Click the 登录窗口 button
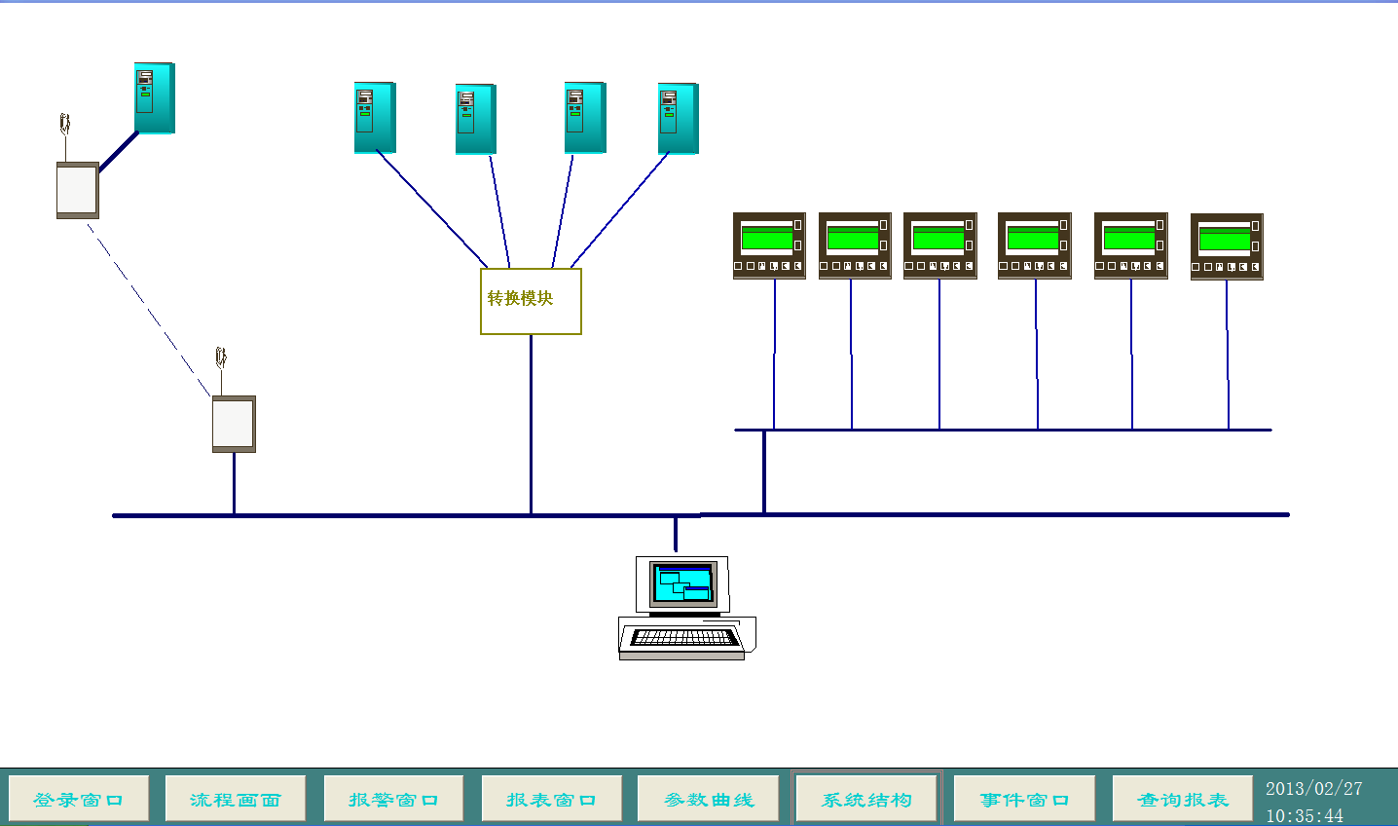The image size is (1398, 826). coord(78,799)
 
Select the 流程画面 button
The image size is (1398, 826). coord(236,799)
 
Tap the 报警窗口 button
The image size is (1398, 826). coord(393,799)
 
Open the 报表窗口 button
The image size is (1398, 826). coord(551,799)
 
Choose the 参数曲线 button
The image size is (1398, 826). coord(709,799)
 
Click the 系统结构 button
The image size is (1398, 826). coord(866,799)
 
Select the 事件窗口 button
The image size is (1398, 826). coord(1024,799)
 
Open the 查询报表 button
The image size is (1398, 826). coord(1182,799)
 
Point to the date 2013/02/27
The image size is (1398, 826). coord(1313,789)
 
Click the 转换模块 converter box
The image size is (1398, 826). coord(531,302)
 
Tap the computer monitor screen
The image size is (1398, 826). coord(682,583)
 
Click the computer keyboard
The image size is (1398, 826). coord(683,637)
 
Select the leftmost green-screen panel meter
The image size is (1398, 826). coord(769,245)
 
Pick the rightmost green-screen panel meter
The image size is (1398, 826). coord(1227,246)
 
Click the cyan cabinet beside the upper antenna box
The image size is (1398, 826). coord(154,97)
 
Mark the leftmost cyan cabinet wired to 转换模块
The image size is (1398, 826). coord(375,117)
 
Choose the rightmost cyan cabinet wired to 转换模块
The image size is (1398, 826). coord(678,118)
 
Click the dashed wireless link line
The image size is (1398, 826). coord(149,310)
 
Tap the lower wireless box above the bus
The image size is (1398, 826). coord(234,424)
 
